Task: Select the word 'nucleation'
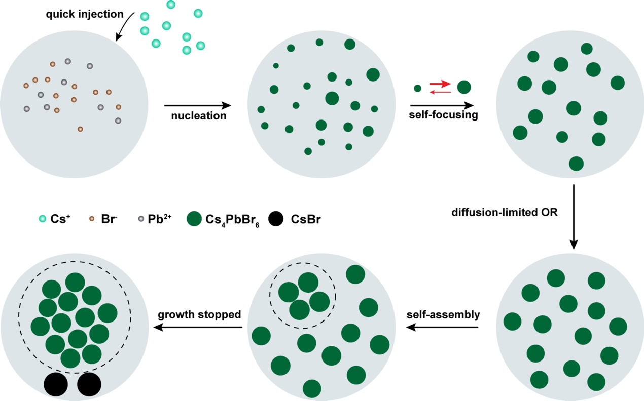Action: [x=198, y=116]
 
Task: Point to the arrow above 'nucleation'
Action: [x=198, y=105]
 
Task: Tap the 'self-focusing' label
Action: [x=444, y=115]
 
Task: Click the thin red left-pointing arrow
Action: [x=440, y=92]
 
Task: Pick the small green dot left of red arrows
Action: [x=417, y=88]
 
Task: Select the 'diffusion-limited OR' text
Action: [x=505, y=212]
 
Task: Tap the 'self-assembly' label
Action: [x=443, y=315]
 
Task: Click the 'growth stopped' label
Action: [x=199, y=315]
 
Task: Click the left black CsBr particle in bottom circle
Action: [x=56, y=384]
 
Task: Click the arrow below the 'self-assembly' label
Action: [x=443, y=327]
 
